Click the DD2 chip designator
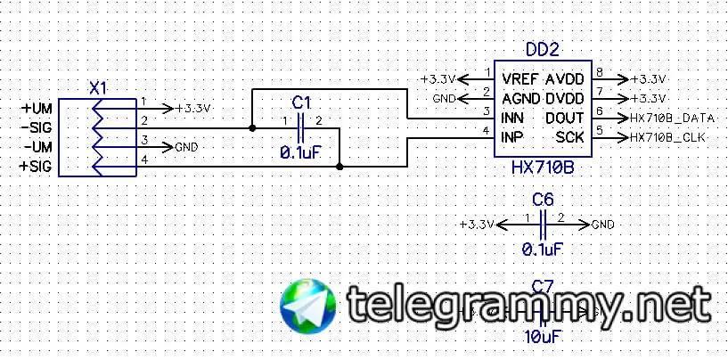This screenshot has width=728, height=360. pos(543,50)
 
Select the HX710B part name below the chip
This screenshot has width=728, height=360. pos(542,167)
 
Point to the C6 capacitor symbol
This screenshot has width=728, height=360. pos(544,223)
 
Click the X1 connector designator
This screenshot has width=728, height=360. pos(99,88)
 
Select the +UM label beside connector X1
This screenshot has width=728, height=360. pos(37,108)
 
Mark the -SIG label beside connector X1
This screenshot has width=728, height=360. pos(37,127)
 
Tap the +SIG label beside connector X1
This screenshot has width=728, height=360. pos(37,167)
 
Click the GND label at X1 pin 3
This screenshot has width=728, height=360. pos(186,147)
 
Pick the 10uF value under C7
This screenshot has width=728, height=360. pos(542,336)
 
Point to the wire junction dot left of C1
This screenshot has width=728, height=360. pos(253,128)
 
